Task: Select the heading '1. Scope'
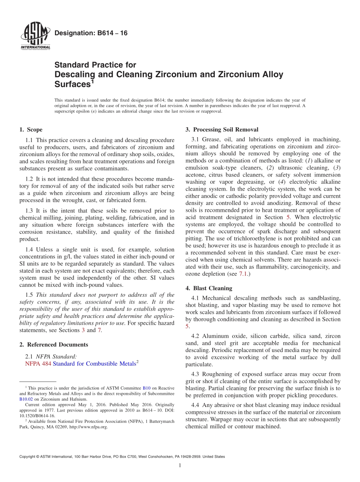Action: (31, 130)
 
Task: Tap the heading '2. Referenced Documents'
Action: (53, 344)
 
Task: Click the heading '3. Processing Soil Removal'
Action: (222, 130)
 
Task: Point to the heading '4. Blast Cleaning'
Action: (209, 288)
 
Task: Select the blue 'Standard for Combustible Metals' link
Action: (94, 364)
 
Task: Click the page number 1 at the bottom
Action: (180, 465)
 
